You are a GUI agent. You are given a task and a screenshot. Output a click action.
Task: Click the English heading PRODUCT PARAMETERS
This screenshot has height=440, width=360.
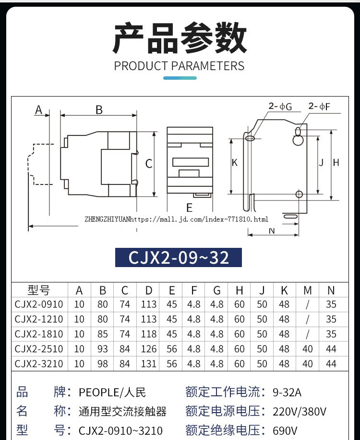179,66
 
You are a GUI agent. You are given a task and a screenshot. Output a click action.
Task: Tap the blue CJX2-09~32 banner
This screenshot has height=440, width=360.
179,258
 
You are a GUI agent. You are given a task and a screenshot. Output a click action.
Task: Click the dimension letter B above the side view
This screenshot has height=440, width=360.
99,110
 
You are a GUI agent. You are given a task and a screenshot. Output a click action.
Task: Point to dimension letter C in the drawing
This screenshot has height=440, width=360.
149,164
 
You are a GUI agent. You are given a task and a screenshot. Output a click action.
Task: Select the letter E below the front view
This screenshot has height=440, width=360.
189,208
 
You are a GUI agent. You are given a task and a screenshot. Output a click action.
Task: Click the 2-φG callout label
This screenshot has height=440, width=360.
280,107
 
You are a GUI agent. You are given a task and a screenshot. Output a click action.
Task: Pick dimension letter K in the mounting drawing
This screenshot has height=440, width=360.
235,163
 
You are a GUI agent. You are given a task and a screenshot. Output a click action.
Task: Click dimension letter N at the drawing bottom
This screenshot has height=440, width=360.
272,231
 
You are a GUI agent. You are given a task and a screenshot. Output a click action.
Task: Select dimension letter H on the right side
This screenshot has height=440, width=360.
336,163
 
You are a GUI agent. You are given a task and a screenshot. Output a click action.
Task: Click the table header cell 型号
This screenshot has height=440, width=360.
38,290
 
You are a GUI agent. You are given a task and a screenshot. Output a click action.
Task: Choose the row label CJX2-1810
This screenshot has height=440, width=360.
38,334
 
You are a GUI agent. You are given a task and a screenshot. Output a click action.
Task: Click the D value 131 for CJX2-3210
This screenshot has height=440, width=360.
149,364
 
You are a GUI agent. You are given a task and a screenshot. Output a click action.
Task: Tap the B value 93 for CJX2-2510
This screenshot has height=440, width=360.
102,349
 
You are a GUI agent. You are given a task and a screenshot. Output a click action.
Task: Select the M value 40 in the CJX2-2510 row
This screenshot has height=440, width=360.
308,349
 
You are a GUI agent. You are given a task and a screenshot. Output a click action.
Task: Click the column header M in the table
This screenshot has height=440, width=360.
308,290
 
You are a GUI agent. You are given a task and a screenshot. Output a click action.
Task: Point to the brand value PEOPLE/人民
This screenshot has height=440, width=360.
112,392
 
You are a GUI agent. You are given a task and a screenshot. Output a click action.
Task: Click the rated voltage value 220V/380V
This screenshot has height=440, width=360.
300,412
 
